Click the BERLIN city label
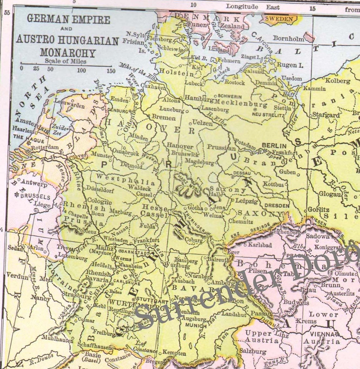coord(274,146)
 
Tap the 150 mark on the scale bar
coord(111,71)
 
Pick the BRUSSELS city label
coord(35,197)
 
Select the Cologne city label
coord(99,201)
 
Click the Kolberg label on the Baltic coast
coord(338,81)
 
